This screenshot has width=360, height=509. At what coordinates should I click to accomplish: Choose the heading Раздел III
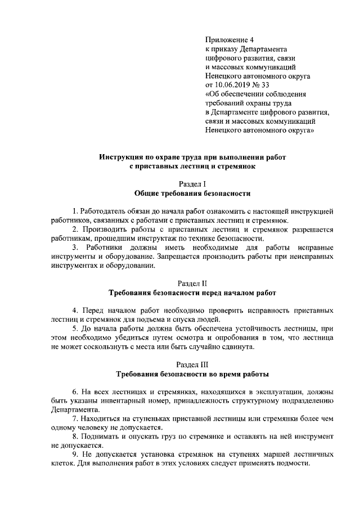[x=192, y=364]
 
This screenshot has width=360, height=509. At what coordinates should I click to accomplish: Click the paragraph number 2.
[x=75, y=229]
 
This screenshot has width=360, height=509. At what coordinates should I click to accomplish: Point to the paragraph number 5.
[x=75, y=328]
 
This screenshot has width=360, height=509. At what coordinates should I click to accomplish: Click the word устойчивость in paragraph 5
[x=264, y=328]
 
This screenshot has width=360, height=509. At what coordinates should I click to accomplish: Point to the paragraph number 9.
[x=75, y=454]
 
